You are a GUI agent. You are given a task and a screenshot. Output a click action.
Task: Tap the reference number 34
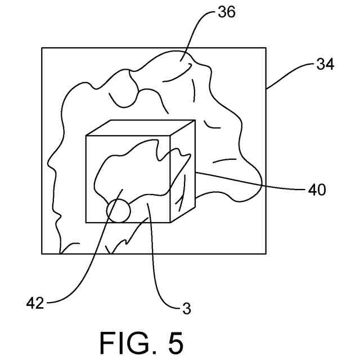[325, 65]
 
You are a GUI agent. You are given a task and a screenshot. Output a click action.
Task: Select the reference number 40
[317, 190]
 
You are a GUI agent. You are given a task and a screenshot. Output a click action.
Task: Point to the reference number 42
[35, 304]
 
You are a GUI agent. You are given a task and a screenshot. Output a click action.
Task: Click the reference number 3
[187, 308]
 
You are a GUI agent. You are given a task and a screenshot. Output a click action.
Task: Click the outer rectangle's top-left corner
[42, 48]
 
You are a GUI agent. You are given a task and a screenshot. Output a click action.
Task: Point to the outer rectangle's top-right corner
[266, 48]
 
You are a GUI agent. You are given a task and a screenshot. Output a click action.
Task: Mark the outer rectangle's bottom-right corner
[266, 254]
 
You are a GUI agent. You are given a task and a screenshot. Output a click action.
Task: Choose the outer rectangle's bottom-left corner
[42, 254]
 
